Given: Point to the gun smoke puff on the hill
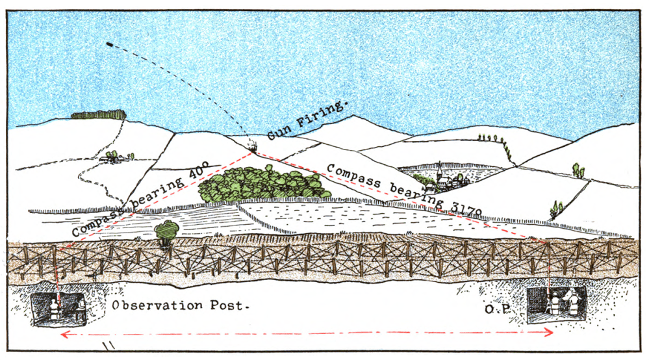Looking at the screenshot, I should pos(251,145).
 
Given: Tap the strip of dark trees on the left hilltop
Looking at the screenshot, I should pos(97,114).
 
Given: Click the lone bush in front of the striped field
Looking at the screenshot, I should pos(167,231).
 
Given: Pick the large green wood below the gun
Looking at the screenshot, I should pos(263,182).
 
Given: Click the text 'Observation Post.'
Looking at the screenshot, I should pos(181,305).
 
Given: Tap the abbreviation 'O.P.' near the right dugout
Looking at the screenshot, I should pos(500,310).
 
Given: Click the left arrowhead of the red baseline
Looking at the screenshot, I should pos(64,335).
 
